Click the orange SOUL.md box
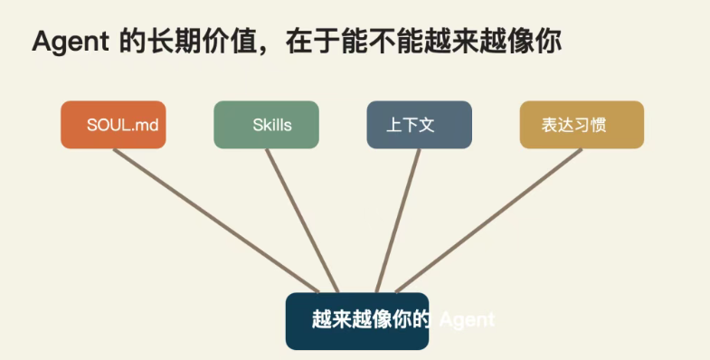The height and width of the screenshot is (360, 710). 113,125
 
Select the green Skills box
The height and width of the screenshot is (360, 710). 267,125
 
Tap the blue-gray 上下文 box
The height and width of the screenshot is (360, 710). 420,125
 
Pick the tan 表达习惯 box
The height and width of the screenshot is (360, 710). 582,125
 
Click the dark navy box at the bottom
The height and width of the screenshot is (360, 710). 356,320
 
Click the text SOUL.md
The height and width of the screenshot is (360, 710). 123,125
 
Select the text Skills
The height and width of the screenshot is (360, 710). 272,125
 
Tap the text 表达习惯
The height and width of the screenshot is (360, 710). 573,125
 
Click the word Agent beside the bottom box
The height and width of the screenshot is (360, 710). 467,320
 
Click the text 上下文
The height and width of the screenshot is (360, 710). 411,125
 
